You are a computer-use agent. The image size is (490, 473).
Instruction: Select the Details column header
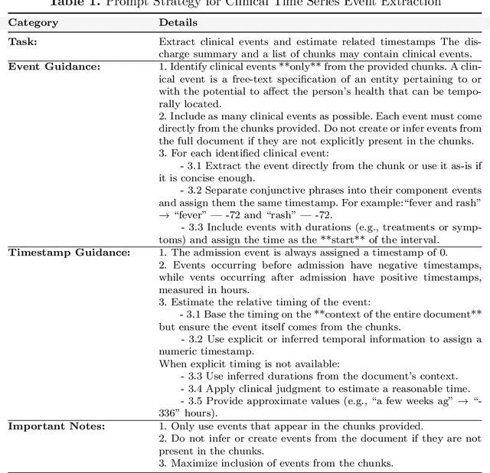tap(178, 22)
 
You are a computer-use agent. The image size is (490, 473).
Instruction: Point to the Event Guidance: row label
tap(56, 66)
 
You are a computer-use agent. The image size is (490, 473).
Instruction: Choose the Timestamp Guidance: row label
tap(69, 252)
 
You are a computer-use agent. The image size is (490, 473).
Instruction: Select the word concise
tap(197, 178)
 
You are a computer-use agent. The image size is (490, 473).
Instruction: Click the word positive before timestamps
tap(400, 277)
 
